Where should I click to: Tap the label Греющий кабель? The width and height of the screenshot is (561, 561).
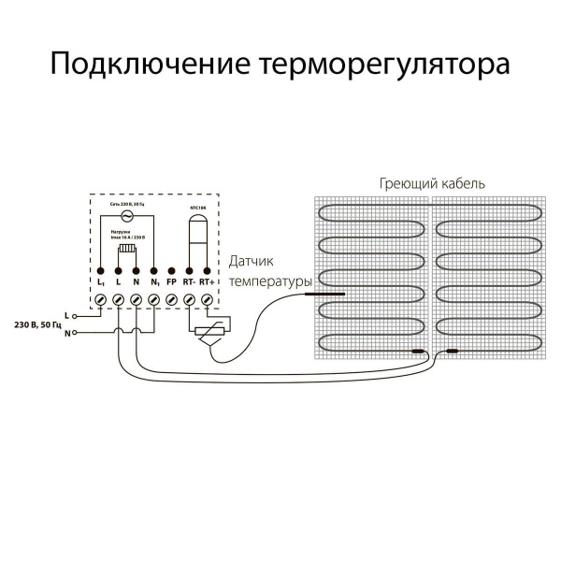tap(433, 183)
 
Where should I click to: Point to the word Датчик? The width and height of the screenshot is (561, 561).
tap(253, 265)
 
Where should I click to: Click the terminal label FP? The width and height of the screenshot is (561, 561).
tap(171, 280)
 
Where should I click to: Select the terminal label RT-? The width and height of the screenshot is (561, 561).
tap(189, 280)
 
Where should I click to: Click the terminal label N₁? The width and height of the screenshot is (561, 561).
tap(153, 280)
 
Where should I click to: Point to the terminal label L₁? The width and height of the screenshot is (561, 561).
tap(100, 280)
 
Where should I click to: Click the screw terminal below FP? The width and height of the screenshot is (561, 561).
tap(172, 299)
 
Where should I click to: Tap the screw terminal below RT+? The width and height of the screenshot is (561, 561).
tap(208, 299)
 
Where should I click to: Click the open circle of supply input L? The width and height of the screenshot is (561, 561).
tap(77, 316)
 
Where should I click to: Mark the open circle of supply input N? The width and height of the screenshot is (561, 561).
tap(77, 333)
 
